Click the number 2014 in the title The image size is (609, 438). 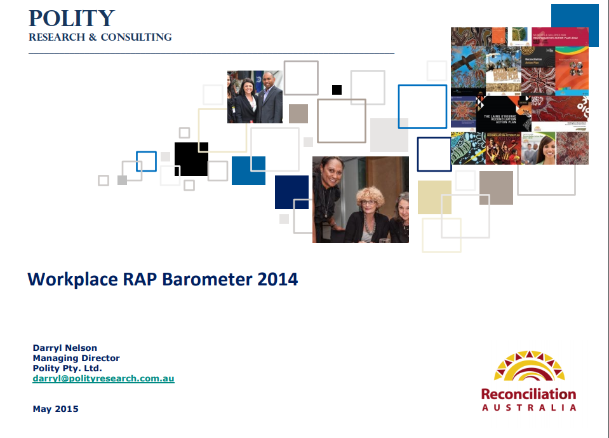(278, 278)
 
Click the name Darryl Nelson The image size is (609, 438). (64, 348)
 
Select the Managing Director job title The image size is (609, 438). (76, 358)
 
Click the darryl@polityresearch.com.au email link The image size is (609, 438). (104, 378)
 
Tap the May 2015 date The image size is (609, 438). (56, 409)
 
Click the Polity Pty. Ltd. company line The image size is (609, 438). (67, 368)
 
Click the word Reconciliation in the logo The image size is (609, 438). (528, 394)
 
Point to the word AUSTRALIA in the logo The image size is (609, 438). (528, 407)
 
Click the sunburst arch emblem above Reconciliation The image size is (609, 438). (529, 367)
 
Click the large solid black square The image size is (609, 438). (191, 159)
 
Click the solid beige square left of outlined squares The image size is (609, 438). (434, 197)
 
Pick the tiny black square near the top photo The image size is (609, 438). (337, 90)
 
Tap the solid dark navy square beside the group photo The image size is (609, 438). (291, 192)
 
